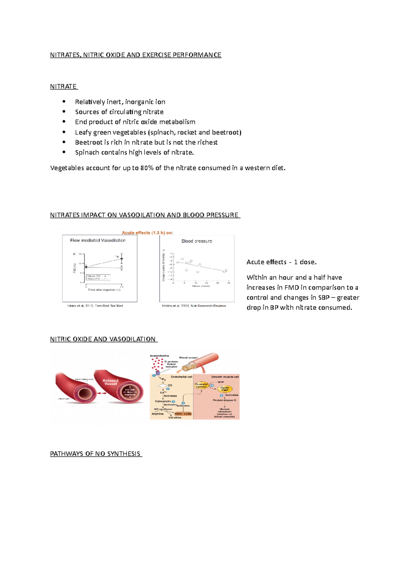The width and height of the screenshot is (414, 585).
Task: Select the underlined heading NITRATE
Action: (63, 86)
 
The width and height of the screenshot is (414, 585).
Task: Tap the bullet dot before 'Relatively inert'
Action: (64, 102)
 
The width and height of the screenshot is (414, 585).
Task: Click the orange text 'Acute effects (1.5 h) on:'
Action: (147, 233)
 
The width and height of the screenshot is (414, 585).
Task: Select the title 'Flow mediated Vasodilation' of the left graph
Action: (98, 240)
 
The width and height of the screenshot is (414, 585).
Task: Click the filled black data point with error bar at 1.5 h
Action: (121, 258)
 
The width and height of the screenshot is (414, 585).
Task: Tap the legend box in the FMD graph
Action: (98, 277)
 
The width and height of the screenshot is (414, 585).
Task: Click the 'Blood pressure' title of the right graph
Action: (197, 241)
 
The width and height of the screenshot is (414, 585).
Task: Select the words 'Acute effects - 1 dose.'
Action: (281, 262)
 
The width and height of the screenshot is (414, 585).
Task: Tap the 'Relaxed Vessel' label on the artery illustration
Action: (110, 382)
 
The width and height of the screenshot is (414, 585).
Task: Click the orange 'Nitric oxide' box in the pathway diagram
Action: (183, 414)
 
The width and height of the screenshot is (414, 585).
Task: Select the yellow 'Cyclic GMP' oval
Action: (225, 389)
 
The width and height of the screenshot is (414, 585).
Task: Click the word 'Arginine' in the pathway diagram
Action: (158, 414)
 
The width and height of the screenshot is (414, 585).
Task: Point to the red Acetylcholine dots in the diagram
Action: (157, 364)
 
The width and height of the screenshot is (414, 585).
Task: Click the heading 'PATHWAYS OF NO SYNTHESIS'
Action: (95, 454)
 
